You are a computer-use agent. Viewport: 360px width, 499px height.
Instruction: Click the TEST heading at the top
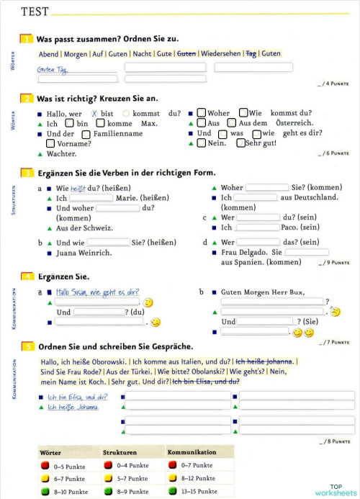(x=35, y=12)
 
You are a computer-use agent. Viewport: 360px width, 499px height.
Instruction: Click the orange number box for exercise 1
(x=27, y=39)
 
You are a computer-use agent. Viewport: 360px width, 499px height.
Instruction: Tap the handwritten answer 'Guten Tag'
(x=52, y=69)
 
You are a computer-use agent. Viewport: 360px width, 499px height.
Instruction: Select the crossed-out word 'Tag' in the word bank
(x=251, y=53)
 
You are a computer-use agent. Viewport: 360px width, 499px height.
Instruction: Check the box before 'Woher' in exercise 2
(x=202, y=113)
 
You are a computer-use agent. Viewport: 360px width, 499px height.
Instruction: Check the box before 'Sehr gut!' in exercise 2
(x=240, y=143)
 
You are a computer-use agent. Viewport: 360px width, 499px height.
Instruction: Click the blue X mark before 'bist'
(x=94, y=113)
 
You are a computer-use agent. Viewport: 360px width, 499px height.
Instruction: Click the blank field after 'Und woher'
(x=117, y=208)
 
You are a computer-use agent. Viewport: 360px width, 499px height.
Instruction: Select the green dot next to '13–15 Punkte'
(x=173, y=491)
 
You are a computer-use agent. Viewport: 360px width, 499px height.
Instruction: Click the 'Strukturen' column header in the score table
(x=120, y=452)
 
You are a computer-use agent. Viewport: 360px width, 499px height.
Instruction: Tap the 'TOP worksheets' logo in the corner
(x=335, y=490)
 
